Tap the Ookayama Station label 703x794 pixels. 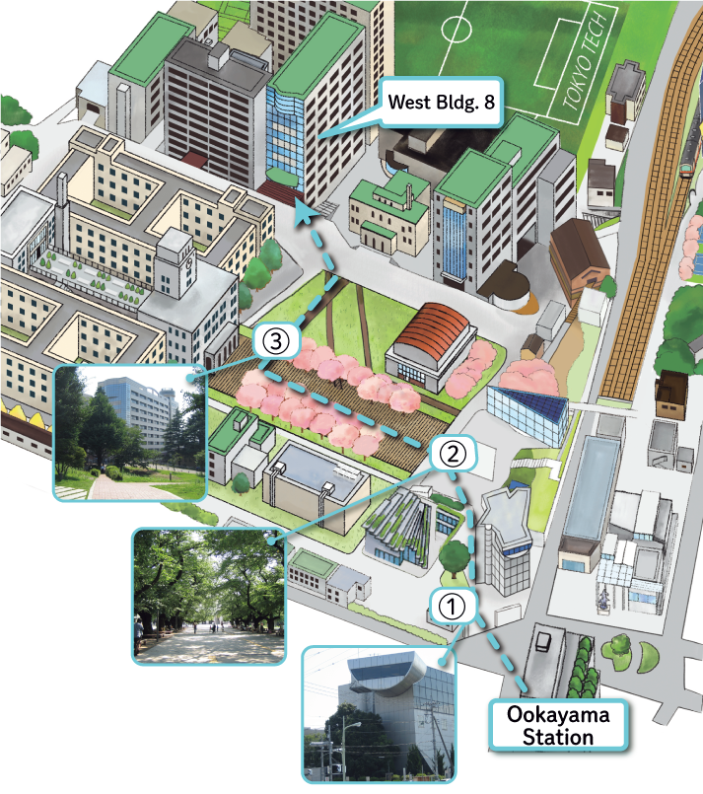point(558,724)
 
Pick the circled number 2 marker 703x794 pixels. point(451,455)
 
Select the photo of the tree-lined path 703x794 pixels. point(208,595)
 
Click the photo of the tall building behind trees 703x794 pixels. point(128,431)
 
